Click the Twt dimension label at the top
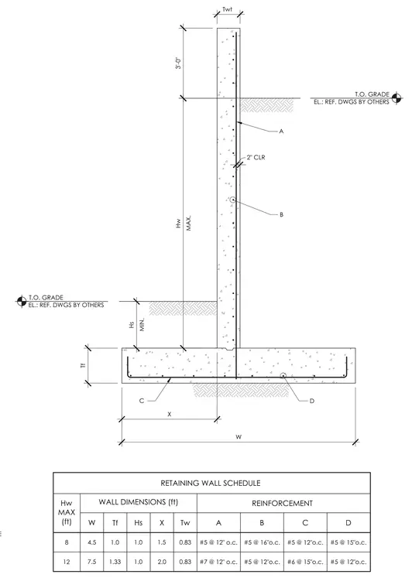pos(228,9)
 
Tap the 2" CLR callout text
pos(256,158)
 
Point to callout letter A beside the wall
pos(281,132)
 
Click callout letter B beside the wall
pos(281,215)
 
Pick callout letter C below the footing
pos(142,401)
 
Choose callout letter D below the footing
pos(312,401)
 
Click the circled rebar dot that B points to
pos(232,200)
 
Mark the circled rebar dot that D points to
pos(283,375)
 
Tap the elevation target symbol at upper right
pos(397,98)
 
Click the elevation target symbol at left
pos(22,301)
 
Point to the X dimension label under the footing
pos(170,415)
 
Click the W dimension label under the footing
pos(239,437)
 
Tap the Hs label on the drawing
pos(132,324)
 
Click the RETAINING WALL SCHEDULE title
pos(211,483)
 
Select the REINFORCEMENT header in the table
pos(282,503)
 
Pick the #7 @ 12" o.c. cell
pos(218,562)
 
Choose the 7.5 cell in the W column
pos(91,562)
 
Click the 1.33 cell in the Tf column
pos(115,562)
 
